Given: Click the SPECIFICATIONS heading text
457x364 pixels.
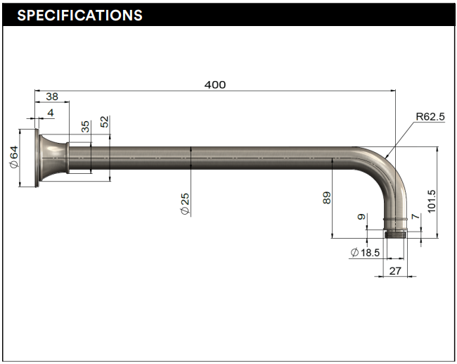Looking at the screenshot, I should [x=79, y=15].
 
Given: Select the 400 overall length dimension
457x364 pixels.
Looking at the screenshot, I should [x=215, y=84].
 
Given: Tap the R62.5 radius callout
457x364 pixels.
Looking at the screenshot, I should [x=430, y=117].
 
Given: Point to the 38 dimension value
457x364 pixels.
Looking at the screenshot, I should [x=52, y=96].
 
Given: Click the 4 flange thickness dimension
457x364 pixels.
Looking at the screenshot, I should [x=51, y=113].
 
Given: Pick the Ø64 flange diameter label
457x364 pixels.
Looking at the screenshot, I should [x=13, y=157].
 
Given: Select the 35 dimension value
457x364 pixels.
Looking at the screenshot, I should [x=85, y=127].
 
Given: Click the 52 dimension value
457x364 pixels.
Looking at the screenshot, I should [x=105, y=122].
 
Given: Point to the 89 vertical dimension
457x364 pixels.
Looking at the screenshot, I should [x=326, y=198].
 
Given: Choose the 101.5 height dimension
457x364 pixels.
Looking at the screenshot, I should [x=432, y=200].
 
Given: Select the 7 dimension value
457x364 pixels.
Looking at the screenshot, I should [x=416, y=218].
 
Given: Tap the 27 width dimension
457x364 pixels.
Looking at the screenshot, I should [x=394, y=270].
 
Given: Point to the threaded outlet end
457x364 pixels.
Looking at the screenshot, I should [x=395, y=232].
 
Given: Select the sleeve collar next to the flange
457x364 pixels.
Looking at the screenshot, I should [x=79, y=158].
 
